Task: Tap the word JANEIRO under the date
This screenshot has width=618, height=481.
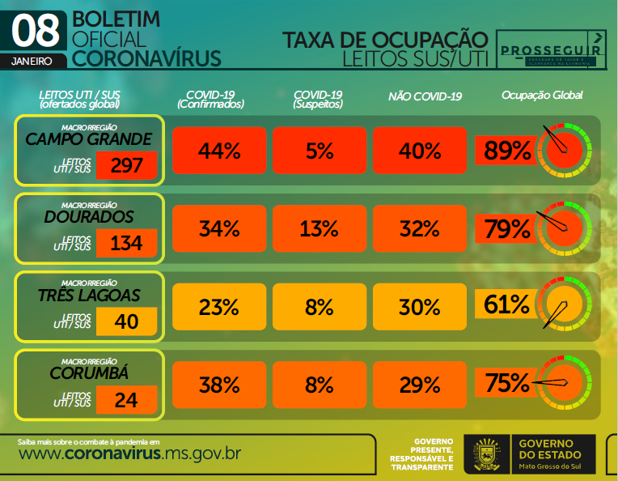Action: coord(33,61)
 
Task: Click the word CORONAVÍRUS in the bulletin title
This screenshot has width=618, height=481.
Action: coord(146,57)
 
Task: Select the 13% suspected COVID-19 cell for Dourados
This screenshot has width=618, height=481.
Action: coord(320,228)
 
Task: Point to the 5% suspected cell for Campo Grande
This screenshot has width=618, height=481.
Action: coord(320,151)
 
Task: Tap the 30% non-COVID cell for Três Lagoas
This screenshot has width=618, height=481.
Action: coord(420,307)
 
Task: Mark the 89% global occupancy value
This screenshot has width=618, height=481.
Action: coord(507,150)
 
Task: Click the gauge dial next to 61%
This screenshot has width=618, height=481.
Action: coord(564,306)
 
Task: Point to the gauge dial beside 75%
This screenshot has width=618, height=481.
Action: coord(564,383)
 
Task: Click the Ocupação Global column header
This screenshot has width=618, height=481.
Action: coord(542,96)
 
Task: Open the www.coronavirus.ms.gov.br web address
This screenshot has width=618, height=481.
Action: coord(129,453)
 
